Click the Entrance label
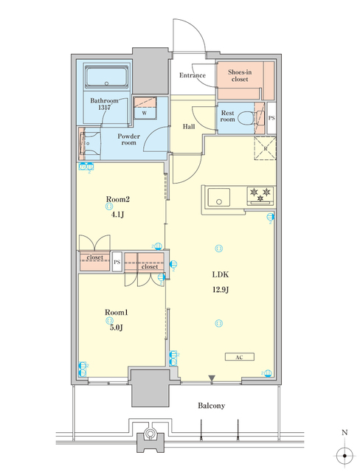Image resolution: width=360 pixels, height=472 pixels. (193, 75)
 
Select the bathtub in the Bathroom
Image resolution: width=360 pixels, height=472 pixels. (107, 78)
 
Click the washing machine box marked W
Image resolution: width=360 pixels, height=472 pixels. (145, 113)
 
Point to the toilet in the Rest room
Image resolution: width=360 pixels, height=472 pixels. (257, 116)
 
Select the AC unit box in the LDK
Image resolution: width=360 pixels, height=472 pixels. (240, 357)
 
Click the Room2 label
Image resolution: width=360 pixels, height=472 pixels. (118, 199)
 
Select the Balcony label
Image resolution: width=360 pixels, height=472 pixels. (211, 406)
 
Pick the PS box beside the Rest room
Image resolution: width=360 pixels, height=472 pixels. (271, 118)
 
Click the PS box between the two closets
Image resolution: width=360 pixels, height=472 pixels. (117, 262)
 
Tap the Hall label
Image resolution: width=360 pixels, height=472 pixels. (188, 127)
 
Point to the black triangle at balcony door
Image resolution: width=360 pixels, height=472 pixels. (212, 379)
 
